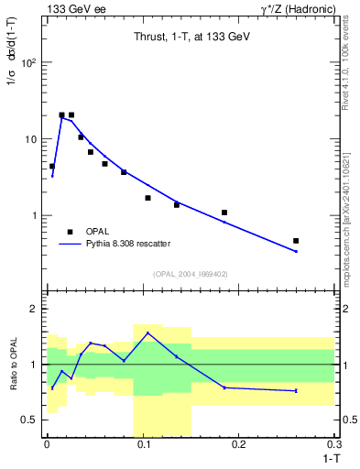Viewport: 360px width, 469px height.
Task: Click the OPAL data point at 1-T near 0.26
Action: point(296,241)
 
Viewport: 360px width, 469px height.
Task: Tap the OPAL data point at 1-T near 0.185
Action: point(224,213)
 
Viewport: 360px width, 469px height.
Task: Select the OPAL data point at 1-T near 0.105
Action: point(147,198)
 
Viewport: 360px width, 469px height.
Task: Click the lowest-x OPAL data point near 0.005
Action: point(52,167)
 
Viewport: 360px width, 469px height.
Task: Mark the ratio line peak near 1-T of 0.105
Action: point(147,333)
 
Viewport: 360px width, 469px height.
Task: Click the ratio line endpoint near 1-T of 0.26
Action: point(296,391)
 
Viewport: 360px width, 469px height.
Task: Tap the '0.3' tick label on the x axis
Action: point(335,445)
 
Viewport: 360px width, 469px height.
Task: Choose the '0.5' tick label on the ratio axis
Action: point(31,420)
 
